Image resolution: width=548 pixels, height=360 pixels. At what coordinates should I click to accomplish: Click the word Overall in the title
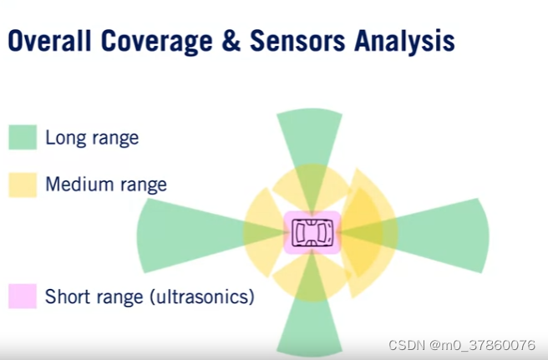click(49, 41)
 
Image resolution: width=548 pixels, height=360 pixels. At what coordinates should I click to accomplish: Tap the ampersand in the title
click(231, 41)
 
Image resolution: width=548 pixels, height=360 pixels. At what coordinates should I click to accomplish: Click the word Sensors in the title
click(297, 41)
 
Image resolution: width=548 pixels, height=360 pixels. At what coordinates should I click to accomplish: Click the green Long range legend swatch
click(23, 137)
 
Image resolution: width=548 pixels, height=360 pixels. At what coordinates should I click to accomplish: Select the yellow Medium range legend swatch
click(23, 185)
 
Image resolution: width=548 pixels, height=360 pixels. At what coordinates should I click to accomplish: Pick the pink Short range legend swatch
click(23, 296)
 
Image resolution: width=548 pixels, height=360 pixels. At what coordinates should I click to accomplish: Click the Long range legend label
click(92, 138)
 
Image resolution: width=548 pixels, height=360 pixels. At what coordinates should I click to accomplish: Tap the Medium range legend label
click(106, 185)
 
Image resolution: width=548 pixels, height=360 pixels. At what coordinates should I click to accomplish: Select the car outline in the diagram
click(312, 232)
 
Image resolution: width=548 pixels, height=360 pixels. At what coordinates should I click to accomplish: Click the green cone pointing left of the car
click(195, 235)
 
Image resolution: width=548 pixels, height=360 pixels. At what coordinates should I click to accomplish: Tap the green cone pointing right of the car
click(430, 235)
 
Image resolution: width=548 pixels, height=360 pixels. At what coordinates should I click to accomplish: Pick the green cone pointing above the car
click(310, 147)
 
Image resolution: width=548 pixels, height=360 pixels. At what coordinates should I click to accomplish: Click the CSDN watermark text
click(462, 345)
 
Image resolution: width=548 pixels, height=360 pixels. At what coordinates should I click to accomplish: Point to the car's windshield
click(323, 232)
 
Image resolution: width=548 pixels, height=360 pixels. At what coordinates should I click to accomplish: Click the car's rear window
click(300, 232)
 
